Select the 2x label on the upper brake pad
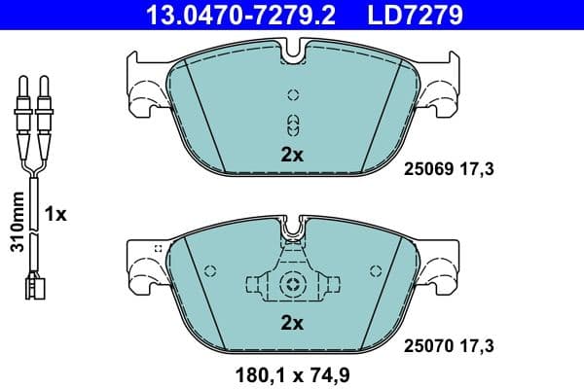tap(293, 154)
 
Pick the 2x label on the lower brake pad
tap(293, 321)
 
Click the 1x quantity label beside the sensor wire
tap(55, 214)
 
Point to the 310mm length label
tap(15, 222)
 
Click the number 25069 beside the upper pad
tap(426, 169)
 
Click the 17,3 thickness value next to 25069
tap(481, 169)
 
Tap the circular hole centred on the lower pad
tap(293, 285)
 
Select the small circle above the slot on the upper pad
tap(293, 95)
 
